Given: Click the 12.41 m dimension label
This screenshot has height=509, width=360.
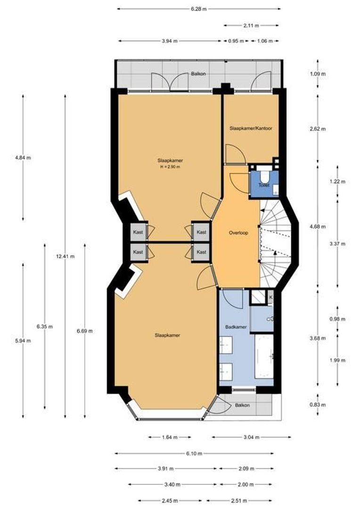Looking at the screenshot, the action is pyautogui.click(x=65, y=256).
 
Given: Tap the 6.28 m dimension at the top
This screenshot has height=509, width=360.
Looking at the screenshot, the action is pyautogui.click(x=199, y=9).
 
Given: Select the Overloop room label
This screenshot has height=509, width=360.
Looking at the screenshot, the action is pyautogui.click(x=238, y=233).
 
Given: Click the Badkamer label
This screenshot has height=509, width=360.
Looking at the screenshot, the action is pyautogui.click(x=236, y=327).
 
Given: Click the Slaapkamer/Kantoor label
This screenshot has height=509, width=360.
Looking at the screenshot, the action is pyautogui.click(x=251, y=128).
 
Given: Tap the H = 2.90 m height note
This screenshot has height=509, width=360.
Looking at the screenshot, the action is pyautogui.click(x=170, y=167).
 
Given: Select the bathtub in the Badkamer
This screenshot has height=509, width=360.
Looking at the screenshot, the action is pyautogui.click(x=264, y=356).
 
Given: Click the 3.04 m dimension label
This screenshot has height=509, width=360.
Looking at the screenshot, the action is pyautogui.click(x=251, y=437).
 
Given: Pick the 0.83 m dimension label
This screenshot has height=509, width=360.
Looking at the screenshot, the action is pyautogui.click(x=318, y=405).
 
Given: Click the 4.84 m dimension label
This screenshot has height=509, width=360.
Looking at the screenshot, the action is pyautogui.click(x=23, y=158).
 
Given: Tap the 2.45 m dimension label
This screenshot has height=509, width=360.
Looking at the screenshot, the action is pyautogui.click(x=170, y=500).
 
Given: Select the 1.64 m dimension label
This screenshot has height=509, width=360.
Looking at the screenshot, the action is pyautogui.click(x=170, y=437).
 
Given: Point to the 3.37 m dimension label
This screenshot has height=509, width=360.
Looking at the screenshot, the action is pyautogui.click(x=337, y=244).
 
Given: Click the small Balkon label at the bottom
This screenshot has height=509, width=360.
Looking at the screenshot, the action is pyautogui.click(x=243, y=405).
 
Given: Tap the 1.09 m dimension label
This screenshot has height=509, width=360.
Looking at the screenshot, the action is pyautogui.click(x=318, y=74).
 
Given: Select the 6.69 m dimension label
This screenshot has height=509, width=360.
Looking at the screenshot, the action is pyautogui.click(x=85, y=331).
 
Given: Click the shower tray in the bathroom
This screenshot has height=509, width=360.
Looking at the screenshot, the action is pyautogui.click(x=259, y=297).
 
